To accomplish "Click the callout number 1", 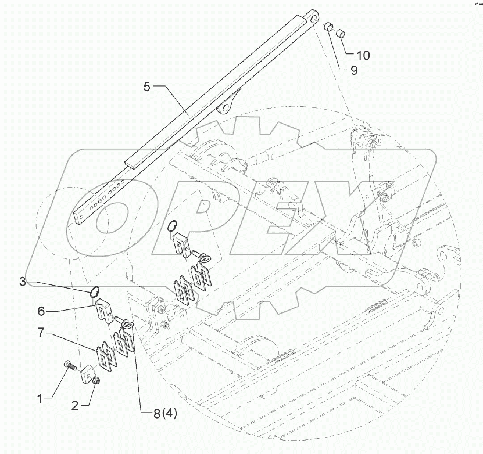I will click(x=40, y=398).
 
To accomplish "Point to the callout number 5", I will click(x=146, y=87).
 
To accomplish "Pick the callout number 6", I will click(x=41, y=311).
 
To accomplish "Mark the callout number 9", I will click(x=353, y=70).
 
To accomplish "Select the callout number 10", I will click(x=363, y=56).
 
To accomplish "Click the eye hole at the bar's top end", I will click(x=314, y=17).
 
